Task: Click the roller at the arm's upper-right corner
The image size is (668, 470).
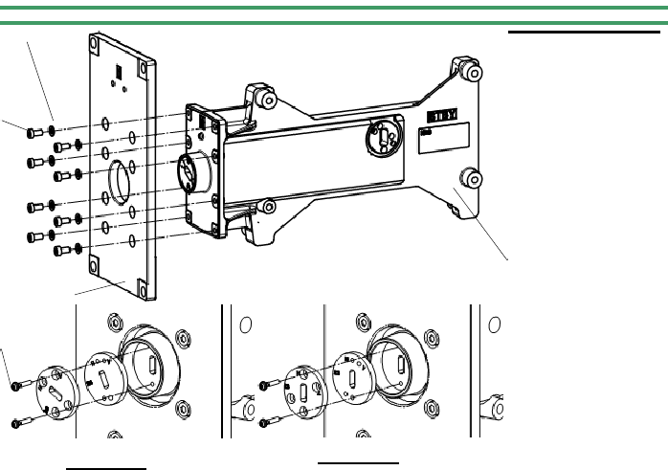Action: pos(469,72)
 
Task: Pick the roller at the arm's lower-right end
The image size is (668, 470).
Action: pos(469,178)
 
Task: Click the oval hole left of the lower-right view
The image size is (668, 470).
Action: pos(245,325)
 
